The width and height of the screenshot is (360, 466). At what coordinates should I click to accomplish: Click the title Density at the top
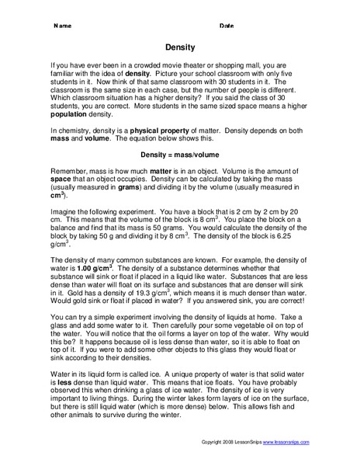pos(179,47)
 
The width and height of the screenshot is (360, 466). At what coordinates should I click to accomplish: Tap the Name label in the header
pos(63,26)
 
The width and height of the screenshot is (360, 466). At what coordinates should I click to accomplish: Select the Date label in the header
pos(227,26)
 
